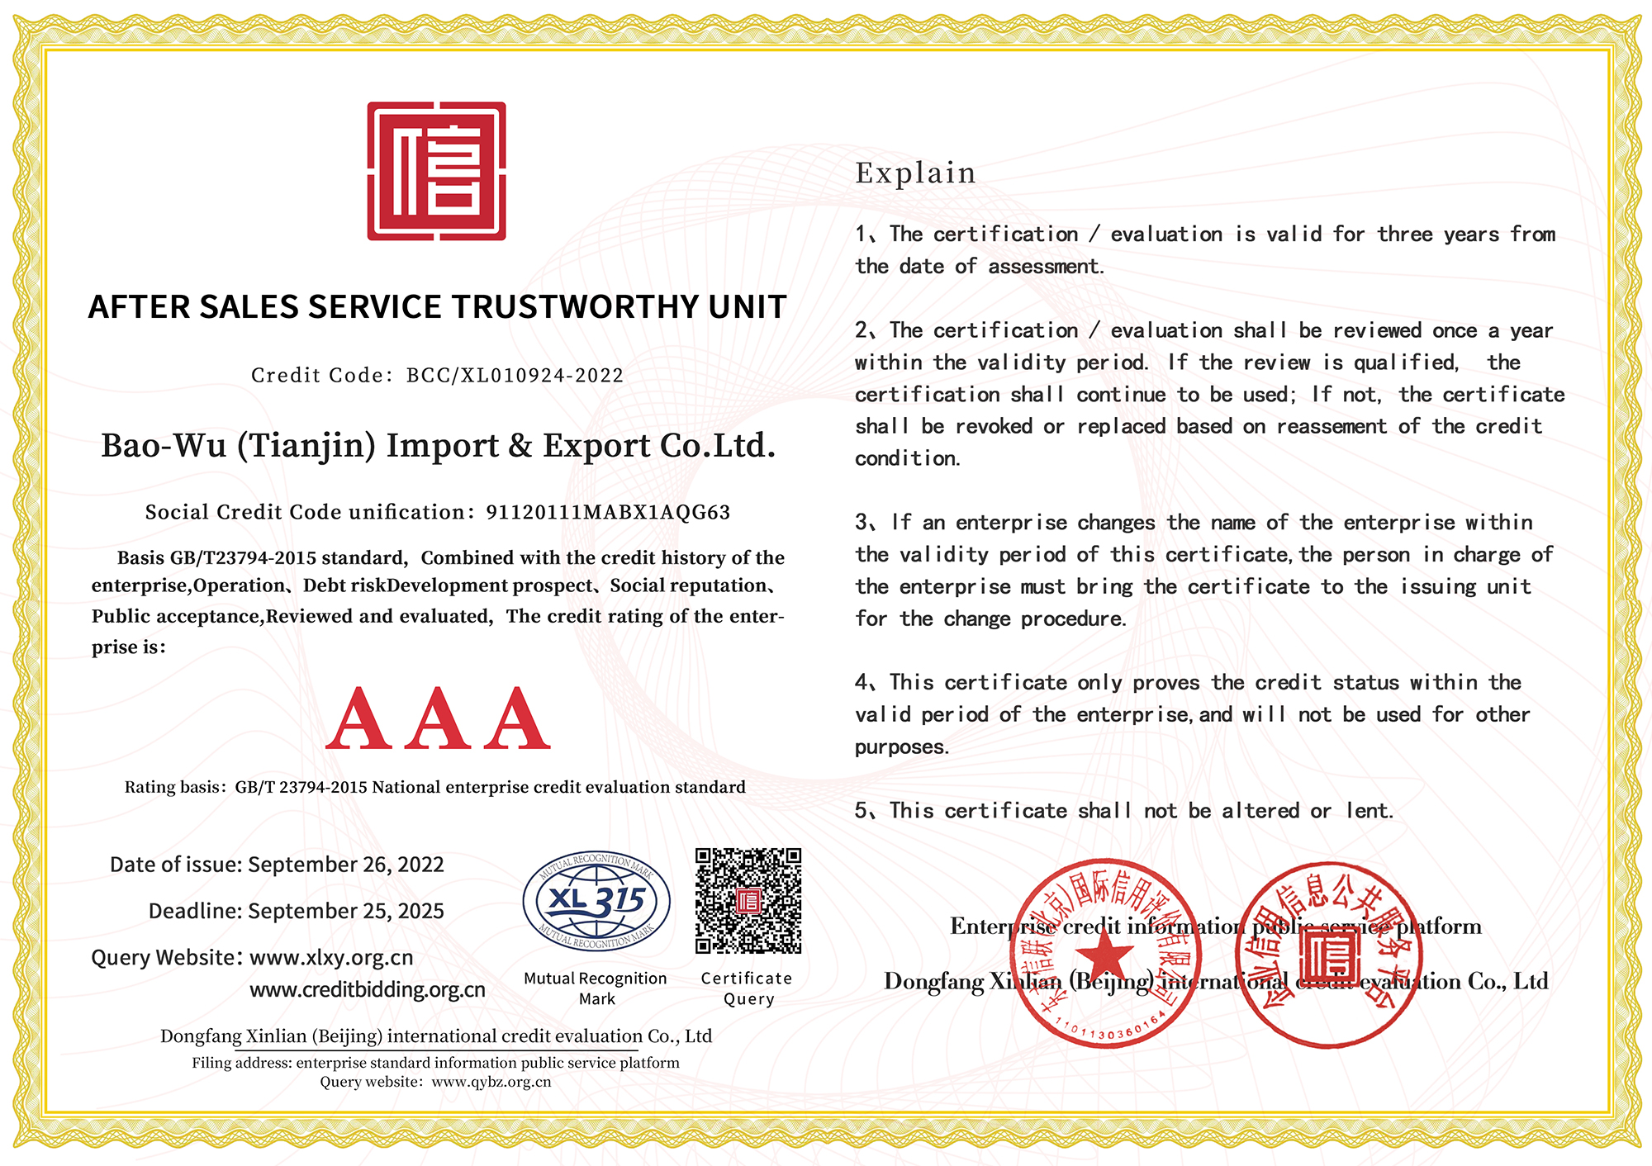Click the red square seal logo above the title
tap(436, 171)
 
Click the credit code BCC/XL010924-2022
tap(515, 376)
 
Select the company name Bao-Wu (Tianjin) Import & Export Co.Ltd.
tap(439, 446)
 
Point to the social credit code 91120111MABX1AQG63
tap(608, 513)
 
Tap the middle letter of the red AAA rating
tap(438, 719)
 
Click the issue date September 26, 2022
tap(346, 865)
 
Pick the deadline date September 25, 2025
tap(346, 911)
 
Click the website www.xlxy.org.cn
tap(331, 958)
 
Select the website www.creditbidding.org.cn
tap(368, 990)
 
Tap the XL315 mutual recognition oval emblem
tap(596, 901)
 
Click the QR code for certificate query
tap(748, 901)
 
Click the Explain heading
tap(915, 173)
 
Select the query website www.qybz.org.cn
tap(491, 1082)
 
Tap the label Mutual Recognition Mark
tap(596, 988)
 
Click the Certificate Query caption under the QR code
tap(747, 988)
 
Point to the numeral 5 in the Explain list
tap(862, 811)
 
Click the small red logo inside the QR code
tap(748, 901)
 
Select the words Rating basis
tap(173, 788)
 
